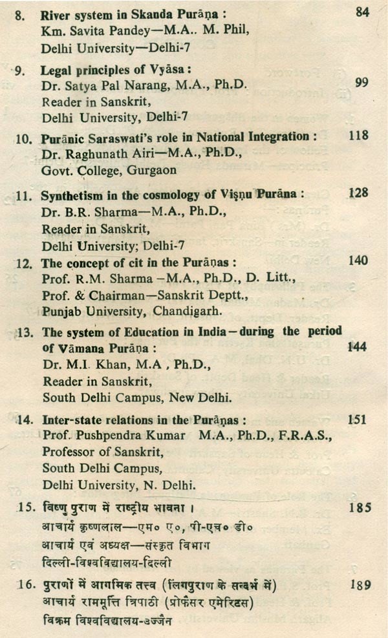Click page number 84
pos(364,13)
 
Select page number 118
pos(357,136)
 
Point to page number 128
pos(357,193)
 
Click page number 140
pos(356,261)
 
